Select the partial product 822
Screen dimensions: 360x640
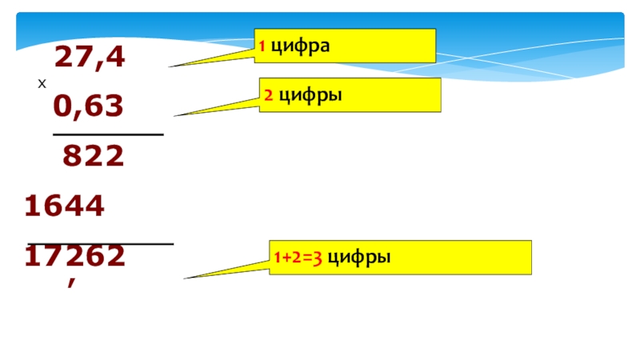coord(94,158)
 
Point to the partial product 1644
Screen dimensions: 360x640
coord(65,207)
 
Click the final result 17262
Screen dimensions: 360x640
coord(74,255)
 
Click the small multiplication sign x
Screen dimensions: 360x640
coord(42,84)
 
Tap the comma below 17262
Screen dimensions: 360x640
coord(73,280)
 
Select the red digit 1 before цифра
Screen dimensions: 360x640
coord(262,47)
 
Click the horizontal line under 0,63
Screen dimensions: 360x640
coord(108,134)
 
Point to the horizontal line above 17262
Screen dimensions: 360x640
coord(101,243)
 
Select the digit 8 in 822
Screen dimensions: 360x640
coord(72,158)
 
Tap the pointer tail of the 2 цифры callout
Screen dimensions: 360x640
coord(216,108)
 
